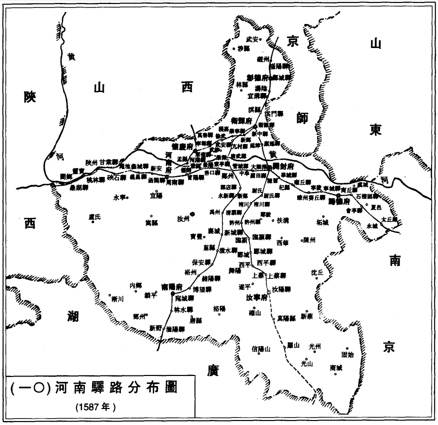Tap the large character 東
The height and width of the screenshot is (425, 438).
click(x=376, y=129)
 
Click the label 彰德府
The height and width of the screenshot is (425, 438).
click(x=257, y=77)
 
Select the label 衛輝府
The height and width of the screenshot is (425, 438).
click(x=242, y=120)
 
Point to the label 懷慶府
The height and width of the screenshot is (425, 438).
click(x=182, y=146)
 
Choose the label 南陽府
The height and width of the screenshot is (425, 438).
click(x=172, y=286)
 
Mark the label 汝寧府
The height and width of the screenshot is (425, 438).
click(x=251, y=297)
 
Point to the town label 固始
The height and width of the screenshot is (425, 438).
click(x=348, y=354)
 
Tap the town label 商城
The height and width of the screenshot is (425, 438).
click(x=336, y=367)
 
